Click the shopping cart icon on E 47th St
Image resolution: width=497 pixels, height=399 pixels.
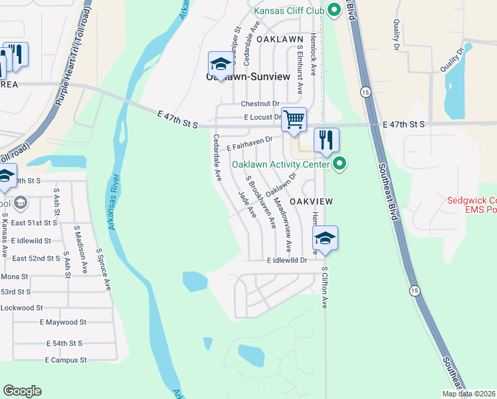click(x=294, y=120)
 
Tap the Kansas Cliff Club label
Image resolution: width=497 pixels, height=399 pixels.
click(x=290, y=11)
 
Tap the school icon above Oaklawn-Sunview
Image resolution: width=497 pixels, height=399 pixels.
click(x=221, y=64)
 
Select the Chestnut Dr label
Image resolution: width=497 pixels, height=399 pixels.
click(x=260, y=104)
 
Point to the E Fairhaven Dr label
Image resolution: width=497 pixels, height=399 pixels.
click(x=250, y=142)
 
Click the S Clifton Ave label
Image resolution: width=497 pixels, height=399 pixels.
click(x=325, y=287)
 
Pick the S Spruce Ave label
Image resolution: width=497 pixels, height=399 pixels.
click(x=104, y=269)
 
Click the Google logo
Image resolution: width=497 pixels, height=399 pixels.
click(x=22, y=391)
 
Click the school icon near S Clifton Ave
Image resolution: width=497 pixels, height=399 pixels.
click(x=325, y=238)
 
